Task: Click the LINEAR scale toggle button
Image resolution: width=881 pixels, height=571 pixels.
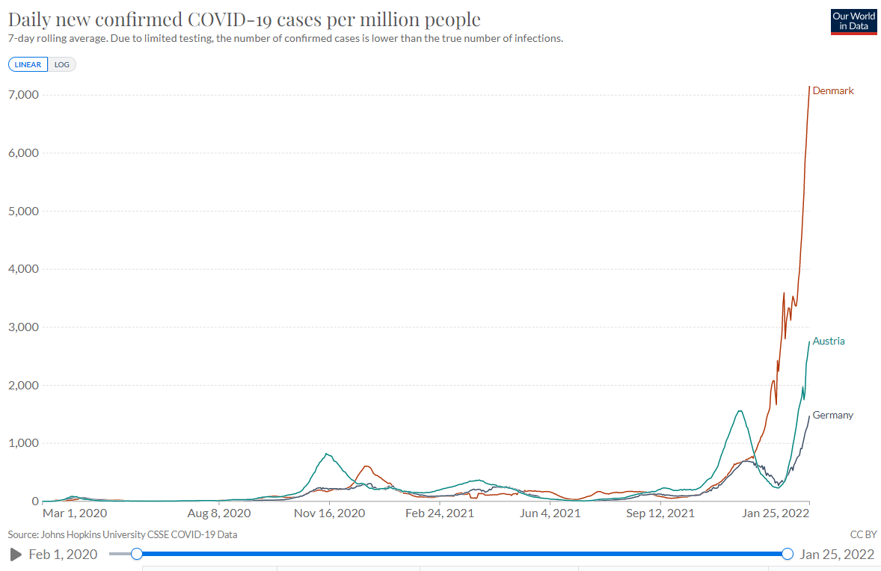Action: [x=28, y=64]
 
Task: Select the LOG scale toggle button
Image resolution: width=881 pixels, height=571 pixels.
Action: [x=61, y=64]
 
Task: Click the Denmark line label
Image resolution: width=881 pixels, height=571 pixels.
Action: [x=832, y=91]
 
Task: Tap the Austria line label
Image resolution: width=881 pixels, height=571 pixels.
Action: [x=829, y=342]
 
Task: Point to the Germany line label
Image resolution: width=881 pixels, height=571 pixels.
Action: [x=832, y=416]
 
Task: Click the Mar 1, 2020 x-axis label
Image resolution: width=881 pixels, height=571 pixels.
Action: [x=75, y=514]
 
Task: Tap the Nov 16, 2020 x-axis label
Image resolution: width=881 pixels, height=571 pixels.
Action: [x=329, y=514]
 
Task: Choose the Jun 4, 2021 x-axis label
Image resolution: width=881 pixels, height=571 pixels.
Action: [x=550, y=514]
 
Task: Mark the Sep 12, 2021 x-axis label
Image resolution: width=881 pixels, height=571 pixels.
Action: [x=660, y=514]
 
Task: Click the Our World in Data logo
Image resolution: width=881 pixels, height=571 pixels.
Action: [x=853, y=21]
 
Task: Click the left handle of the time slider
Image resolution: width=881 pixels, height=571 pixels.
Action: [x=136, y=554]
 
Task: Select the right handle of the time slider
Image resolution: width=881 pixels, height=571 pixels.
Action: [x=787, y=554]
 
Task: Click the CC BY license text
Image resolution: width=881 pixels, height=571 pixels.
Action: [x=863, y=534]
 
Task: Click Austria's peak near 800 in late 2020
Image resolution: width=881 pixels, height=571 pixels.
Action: [x=327, y=454]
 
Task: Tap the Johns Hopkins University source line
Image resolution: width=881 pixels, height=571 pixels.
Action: [x=123, y=534]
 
